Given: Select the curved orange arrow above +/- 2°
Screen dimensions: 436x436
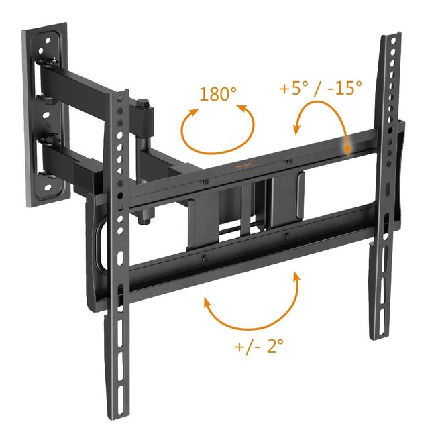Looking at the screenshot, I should coord(252,305).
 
